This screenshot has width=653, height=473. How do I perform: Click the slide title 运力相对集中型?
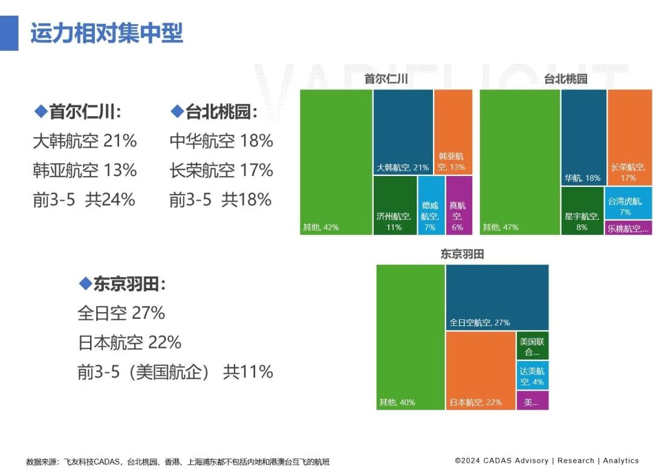pyautogui.click(x=106, y=33)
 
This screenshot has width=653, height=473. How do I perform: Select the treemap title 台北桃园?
pyautogui.click(x=565, y=79)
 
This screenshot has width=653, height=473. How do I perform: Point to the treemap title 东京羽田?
pyautogui.click(x=462, y=255)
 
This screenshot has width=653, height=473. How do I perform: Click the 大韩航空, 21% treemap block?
pyautogui.click(x=403, y=132)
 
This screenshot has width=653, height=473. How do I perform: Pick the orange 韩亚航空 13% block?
pyautogui.click(x=453, y=132)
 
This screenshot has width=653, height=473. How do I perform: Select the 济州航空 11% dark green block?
pyautogui.click(x=395, y=205)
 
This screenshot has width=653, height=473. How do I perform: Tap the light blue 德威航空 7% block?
pyautogui.click(x=430, y=205)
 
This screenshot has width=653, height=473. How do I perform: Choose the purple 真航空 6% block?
pyautogui.click(x=459, y=205)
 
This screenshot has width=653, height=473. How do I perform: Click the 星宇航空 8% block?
pyautogui.click(x=582, y=211)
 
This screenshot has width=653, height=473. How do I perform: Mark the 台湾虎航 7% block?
pyautogui.click(x=629, y=203)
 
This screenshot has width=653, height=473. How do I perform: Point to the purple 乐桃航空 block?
pyautogui.click(x=629, y=228)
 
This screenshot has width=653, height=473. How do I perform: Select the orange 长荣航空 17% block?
pyautogui.click(x=629, y=137)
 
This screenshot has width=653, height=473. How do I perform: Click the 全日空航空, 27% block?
pyautogui.click(x=497, y=297)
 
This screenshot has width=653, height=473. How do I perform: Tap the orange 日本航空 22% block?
pyautogui.click(x=480, y=370)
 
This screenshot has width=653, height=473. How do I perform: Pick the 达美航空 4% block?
pyautogui.click(x=532, y=376)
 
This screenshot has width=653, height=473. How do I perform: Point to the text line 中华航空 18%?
pyautogui.click(x=221, y=142)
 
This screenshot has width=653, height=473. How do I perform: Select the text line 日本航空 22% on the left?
pyautogui.click(x=129, y=342)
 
